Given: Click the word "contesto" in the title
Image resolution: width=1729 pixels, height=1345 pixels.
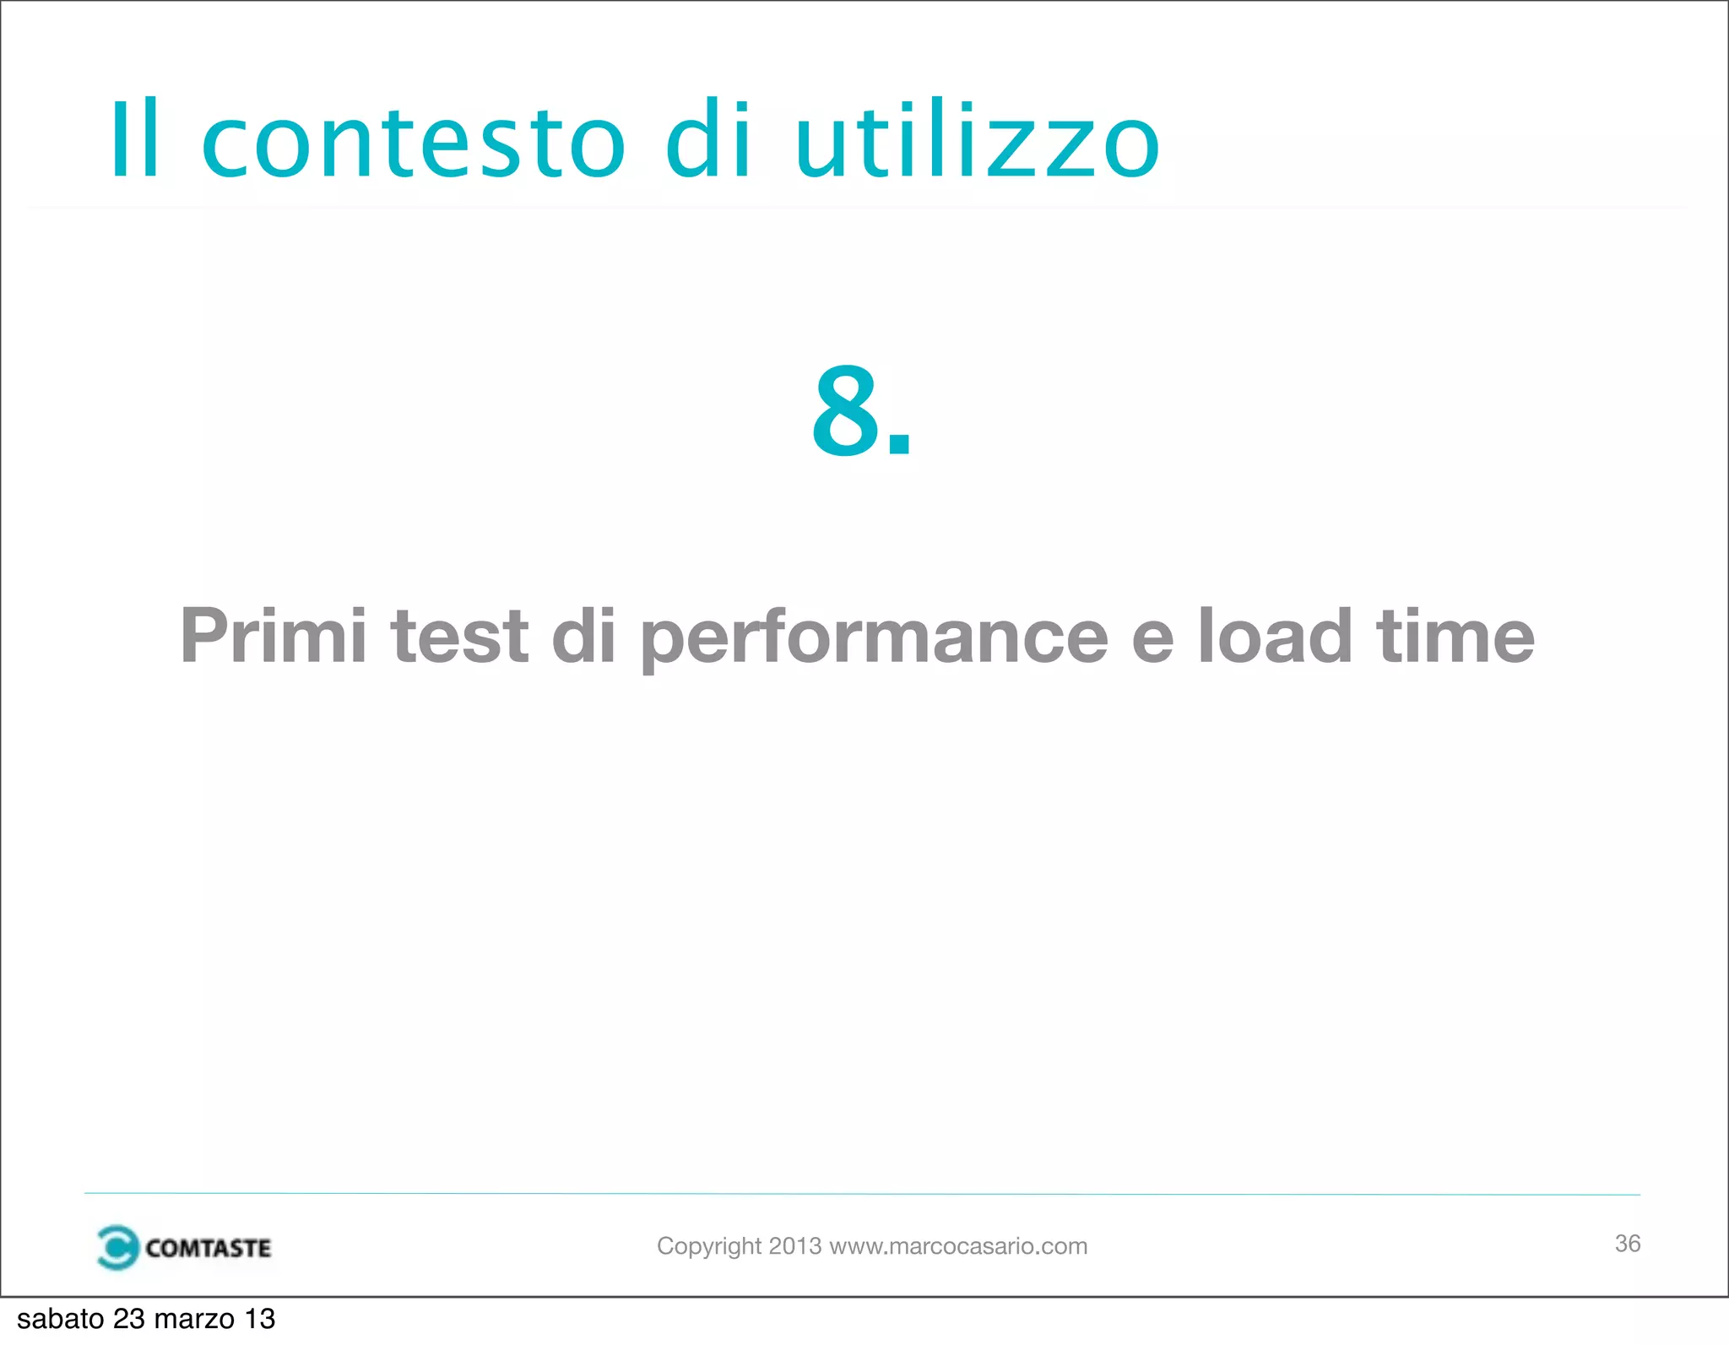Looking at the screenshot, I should (x=414, y=142).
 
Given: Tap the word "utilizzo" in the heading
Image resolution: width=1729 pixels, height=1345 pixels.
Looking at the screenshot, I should (x=978, y=142).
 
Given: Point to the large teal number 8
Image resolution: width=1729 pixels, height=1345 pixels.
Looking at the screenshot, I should (x=847, y=411).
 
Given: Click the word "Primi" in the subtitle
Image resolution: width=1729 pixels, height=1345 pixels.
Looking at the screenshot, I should (x=273, y=636).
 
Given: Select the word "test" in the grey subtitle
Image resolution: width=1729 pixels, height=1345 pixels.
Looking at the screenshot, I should (x=459, y=636).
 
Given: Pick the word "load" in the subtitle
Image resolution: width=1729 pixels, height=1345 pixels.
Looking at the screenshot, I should (x=1275, y=636).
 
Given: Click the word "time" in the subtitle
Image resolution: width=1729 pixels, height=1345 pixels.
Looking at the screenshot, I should (x=1455, y=636).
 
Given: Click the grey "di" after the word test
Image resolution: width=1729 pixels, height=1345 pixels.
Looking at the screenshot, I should (x=583, y=636).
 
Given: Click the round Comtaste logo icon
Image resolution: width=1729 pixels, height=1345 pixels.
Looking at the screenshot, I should (x=117, y=1247).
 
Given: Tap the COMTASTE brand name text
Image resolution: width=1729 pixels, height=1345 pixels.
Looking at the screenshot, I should (x=208, y=1248).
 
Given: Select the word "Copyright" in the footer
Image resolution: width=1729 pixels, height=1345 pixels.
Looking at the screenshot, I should (x=709, y=1246).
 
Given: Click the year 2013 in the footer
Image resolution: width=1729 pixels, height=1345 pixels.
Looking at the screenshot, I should (x=794, y=1246).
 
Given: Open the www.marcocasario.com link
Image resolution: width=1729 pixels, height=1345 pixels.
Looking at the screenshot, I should (x=958, y=1246).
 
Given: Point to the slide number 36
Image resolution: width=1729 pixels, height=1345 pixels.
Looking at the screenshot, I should (x=1627, y=1244).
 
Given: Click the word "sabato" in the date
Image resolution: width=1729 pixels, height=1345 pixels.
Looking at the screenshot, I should (x=60, y=1319).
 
